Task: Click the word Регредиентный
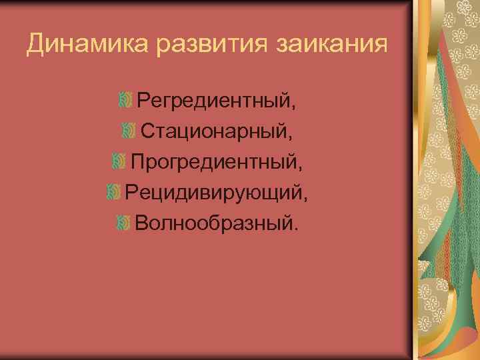[213, 102]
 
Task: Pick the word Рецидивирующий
[213, 192]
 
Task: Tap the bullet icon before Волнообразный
[123, 221]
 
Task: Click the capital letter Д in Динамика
[35, 45]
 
